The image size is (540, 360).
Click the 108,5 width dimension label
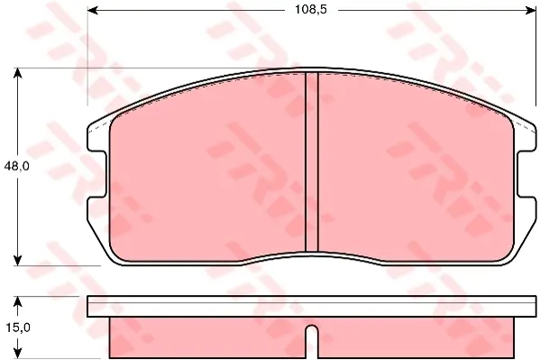pos(311,10)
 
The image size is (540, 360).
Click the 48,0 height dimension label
pos(16,167)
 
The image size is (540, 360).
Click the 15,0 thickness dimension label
pos(18,328)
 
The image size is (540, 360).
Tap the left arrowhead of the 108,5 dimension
pos(94,10)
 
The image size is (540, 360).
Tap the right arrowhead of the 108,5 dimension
pos(530,10)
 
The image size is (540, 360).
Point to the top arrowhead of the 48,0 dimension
pos(17,73)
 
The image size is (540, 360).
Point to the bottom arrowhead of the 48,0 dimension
pos(17,261)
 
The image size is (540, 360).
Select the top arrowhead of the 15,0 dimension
pos(17,301)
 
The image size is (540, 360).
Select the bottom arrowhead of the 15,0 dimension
pos(17,353)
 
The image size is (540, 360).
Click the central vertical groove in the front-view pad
pos(312,162)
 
